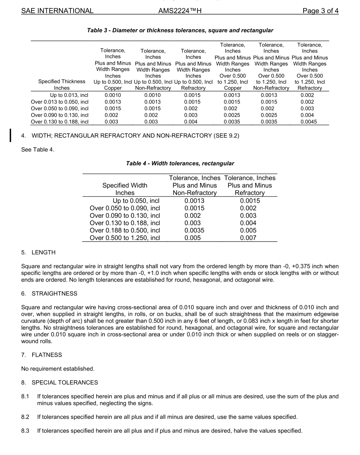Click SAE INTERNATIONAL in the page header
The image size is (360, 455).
(57, 11)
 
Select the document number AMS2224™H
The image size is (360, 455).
(180, 11)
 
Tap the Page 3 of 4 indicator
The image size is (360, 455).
(320, 11)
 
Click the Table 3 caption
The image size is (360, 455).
(180, 30)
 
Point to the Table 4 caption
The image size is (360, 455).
(180, 164)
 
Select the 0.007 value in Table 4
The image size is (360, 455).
(250, 238)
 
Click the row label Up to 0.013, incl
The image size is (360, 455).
(69, 95)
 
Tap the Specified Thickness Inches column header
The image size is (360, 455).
(62, 84)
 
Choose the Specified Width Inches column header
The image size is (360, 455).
(125, 189)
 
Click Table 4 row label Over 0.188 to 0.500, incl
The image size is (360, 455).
(125, 231)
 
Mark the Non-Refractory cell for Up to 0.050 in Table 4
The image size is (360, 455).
(194, 201)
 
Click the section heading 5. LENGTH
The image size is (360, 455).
(38, 252)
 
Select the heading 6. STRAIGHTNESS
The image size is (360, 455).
(49, 294)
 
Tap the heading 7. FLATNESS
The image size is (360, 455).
(41, 355)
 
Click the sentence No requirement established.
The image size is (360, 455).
(58, 369)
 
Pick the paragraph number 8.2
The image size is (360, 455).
(25, 417)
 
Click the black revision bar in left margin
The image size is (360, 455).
(11, 135)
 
